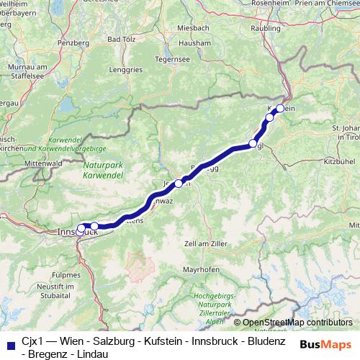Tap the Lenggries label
[x=127, y=70]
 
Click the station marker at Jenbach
[x=179, y=184]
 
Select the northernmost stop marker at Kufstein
[x=280, y=109]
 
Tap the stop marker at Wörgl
[x=253, y=143]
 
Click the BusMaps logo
[x=325, y=343]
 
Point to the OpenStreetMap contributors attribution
[x=297, y=323]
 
